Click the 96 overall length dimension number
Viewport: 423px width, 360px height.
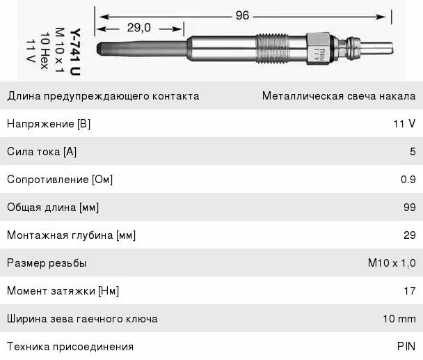242,15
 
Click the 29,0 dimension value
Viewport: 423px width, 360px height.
139,28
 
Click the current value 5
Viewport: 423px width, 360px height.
412,152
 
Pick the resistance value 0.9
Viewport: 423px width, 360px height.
408,180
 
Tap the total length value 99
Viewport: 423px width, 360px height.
409,208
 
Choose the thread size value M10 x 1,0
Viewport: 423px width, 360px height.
391,263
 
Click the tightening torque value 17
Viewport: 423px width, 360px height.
410,291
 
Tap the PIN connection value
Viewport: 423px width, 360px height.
406,347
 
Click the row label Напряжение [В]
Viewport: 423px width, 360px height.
49,124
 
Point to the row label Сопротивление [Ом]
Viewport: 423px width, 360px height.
60,180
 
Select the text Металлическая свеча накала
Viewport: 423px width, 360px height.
338,96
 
